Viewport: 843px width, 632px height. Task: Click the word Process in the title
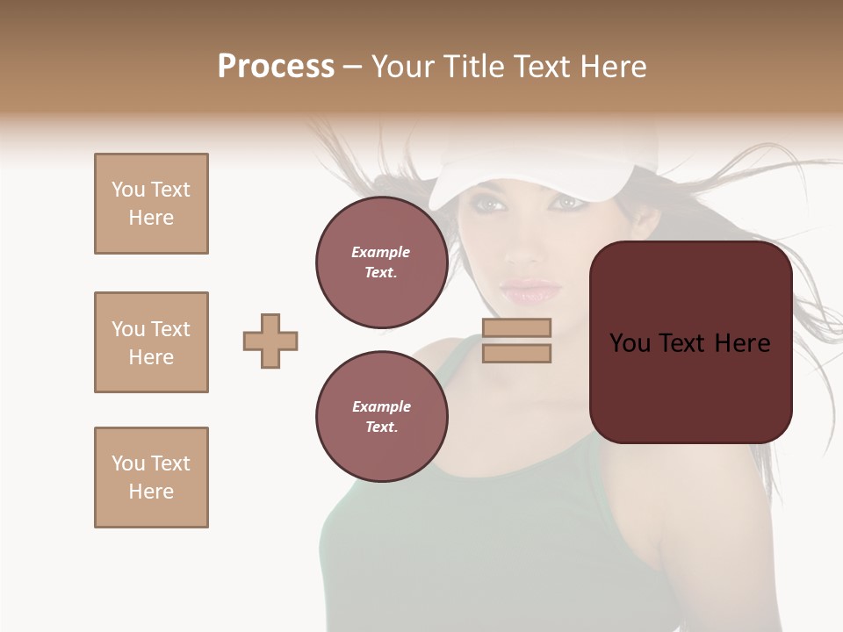(x=276, y=67)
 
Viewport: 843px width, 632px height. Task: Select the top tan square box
(x=151, y=204)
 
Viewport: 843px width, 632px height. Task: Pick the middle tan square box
(x=151, y=342)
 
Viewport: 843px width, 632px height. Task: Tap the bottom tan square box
(x=151, y=478)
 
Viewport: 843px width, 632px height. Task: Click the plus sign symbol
(x=270, y=341)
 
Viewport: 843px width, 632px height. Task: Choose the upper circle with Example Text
(x=381, y=262)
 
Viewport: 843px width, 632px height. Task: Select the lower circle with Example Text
(x=381, y=417)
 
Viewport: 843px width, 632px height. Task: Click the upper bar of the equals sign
(x=516, y=327)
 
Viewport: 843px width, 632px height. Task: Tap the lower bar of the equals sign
(x=516, y=353)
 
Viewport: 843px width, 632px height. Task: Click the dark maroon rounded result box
(x=690, y=386)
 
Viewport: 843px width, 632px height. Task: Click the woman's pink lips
(x=530, y=291)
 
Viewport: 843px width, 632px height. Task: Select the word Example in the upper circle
(x=381, y=252)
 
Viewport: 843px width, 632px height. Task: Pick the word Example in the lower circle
(x=381, y=406)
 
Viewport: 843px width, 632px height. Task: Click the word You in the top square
(x=128, y=190)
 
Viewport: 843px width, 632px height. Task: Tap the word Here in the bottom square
(x=151, y=492)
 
